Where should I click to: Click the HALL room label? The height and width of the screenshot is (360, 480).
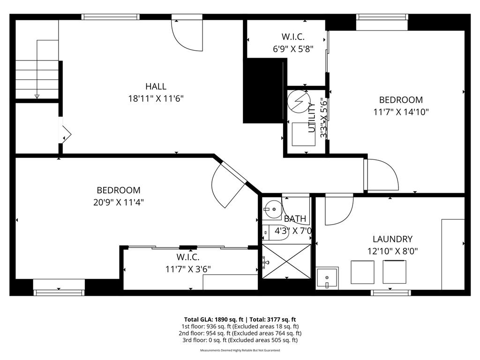pos(156,86)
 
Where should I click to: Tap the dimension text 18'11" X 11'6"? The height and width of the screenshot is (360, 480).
pos(156,99)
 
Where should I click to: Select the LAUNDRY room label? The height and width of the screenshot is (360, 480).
pos(392,239)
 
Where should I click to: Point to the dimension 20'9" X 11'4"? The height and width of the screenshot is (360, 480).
pos(119,202)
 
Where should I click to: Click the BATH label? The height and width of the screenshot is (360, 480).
pos(295,219)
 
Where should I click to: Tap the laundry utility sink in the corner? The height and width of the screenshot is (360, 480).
pos(327,278)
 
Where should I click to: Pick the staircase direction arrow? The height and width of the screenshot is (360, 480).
pos(37,96)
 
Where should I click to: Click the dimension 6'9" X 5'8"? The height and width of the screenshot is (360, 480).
pos(293,48)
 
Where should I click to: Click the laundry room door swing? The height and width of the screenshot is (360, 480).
pos(338,210)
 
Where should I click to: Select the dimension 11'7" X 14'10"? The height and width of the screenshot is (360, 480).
pos(401,112)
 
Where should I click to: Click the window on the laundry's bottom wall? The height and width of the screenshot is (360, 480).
pos(390,293)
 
